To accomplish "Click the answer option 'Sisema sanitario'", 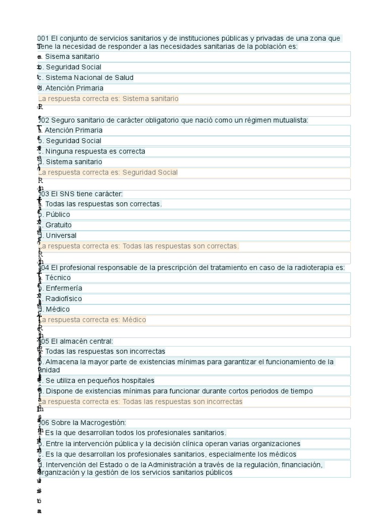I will tap(72, 57).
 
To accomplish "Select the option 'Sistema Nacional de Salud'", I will tap(89, 78).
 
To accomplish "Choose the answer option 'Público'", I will tap(58, 215).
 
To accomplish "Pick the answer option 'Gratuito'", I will tap(58, 225).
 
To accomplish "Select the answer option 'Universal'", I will tap(61, 236).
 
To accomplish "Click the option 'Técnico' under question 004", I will tap(58, 278).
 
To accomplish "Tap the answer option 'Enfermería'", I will tap(63, 288).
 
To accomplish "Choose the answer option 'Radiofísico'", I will tap(63, 299).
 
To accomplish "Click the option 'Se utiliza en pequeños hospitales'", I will tap(100, 381).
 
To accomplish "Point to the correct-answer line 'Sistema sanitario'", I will tap(109, 99).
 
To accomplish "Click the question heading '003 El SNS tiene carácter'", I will tap(81, 194).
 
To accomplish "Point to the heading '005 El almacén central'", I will tap(76, 341).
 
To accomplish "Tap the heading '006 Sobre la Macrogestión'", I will tap(82, 423).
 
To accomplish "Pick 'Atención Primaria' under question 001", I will tap(74, 89).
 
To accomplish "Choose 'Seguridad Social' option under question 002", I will tap(73, 141).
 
